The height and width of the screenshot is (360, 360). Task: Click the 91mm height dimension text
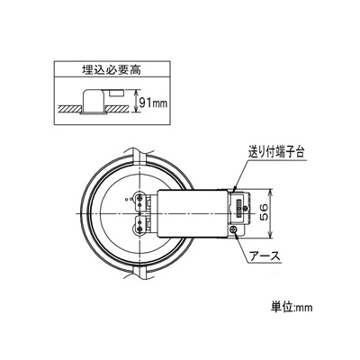(153, 103)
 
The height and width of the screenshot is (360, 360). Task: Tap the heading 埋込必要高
(112, 70)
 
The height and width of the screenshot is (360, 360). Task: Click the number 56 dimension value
(265, 213)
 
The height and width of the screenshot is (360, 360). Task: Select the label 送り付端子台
(276, 153)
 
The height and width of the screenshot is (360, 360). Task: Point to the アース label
(265, 256)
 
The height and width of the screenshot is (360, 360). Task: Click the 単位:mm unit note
(292, 307)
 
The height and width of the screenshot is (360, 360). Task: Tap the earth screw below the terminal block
(234, 230)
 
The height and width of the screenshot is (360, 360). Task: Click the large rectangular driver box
(193, 213)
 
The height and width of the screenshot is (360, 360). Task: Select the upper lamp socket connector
(140, 201)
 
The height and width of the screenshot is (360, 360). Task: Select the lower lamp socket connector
(140, 225)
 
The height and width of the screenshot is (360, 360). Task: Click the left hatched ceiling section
(69, 108)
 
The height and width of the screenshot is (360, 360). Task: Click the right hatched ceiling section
(118, 108)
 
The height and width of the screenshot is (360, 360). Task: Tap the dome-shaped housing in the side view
(94, 101)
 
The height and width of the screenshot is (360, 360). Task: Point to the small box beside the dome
(116, 93)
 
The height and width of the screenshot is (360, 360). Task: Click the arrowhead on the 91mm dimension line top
(138, 92)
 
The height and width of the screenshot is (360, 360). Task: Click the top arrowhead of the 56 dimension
(271, 192)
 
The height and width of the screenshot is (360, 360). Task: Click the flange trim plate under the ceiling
(94, 113)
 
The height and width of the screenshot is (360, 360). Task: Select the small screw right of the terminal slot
(246, 208)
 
